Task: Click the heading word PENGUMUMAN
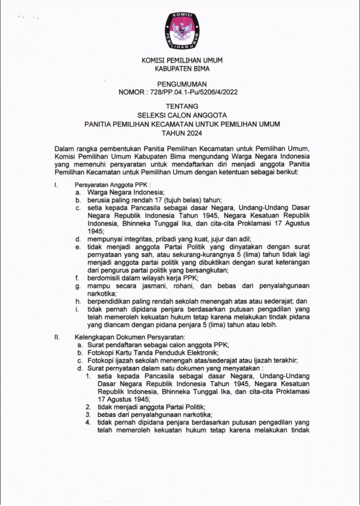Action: click(x=181, y=85)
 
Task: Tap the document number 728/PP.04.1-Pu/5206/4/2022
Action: click(x=192, y=92)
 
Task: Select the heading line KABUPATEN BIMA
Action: click(x=181, y=69)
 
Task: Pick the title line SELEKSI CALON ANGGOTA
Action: click(x=181, y=115)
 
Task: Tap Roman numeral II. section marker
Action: click(x=57, y=337)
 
